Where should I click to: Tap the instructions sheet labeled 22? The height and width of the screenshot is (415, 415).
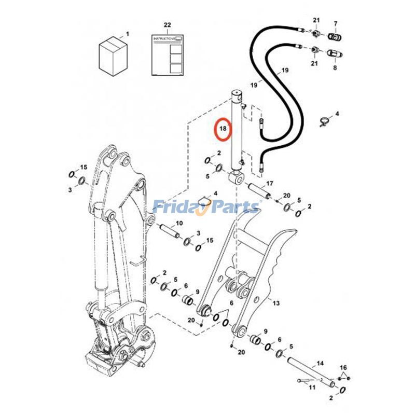pos(167,55)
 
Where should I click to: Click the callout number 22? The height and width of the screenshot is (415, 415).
pos(167,25)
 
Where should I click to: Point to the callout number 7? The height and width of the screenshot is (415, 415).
pos(335,24)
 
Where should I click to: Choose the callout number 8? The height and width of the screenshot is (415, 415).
pos(335,67)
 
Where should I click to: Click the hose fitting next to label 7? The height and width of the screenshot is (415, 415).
pos(335,36)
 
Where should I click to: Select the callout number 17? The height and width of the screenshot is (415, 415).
pos(270,184)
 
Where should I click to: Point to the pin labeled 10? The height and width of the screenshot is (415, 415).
pos(170,232)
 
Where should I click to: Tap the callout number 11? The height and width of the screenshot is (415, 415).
pos(311,388)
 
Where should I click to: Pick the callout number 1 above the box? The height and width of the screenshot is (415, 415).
pos(128,34)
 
